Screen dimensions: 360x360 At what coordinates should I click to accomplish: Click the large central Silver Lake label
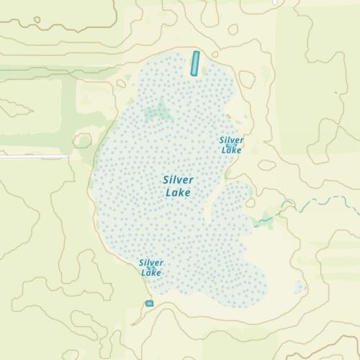(x=179, y=186)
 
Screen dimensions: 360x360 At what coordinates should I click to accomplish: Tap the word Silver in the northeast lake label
(x=232, y=140)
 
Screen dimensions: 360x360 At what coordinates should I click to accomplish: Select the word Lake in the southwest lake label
(x=151, y=272)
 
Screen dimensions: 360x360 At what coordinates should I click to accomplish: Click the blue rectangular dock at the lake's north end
(x=194, y=63)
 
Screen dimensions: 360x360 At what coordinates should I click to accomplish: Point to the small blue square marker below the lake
(x=150, y=304)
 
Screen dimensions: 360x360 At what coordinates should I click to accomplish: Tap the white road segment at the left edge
(x=32, y=156)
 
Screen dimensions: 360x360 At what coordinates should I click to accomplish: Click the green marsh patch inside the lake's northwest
(x=158, y=112)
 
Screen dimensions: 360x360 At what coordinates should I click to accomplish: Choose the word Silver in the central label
(x=179, y=179)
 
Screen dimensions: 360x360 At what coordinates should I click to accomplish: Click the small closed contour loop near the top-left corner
(x=37, y=20)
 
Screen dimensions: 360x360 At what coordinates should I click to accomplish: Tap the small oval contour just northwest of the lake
(x=121, y=84)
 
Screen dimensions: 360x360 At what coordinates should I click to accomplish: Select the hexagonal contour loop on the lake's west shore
(x=83, y=140)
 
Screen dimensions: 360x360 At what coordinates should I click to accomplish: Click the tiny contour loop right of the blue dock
(x=215, y=55)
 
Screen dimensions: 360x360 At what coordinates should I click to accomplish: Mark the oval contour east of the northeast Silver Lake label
(x=267, y=165)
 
